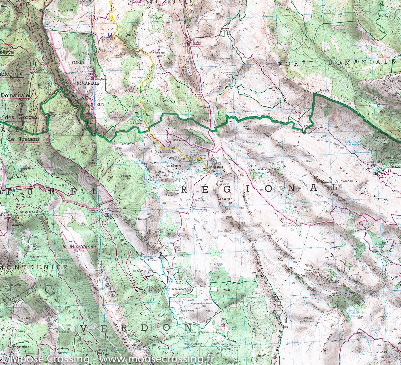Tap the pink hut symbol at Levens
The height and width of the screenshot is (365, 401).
point(223,325)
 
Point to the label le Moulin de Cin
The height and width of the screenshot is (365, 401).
point(166,152)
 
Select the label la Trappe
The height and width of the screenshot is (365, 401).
point(216,264)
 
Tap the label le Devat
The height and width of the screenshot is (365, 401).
point(222,290)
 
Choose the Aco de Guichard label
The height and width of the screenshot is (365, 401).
point(202,303)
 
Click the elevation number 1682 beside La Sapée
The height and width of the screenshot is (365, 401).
point(304,90)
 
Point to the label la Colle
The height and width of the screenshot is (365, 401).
point(27,197)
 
